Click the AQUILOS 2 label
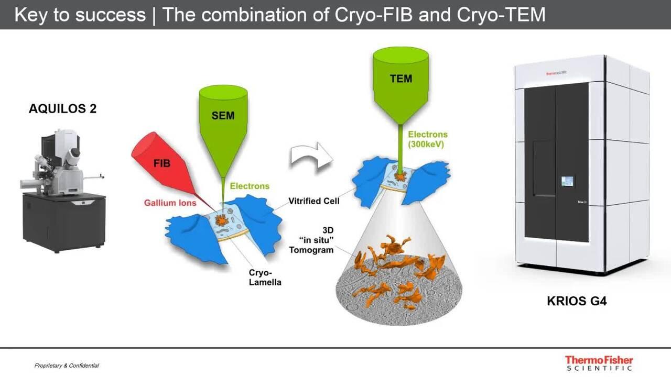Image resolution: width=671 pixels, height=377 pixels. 62,109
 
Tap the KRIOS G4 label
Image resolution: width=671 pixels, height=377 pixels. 577,301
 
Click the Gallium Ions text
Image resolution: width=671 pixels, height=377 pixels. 170,203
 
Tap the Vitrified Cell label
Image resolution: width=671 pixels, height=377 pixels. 314,201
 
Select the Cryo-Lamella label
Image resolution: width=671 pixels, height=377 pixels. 265,278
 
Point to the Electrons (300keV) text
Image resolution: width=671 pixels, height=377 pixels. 428,139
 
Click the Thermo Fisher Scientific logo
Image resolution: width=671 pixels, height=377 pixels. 599,363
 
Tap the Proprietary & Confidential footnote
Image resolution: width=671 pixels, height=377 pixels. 67,365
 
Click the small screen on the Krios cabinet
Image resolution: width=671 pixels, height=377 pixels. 567,181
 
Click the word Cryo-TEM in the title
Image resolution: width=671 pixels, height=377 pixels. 501,14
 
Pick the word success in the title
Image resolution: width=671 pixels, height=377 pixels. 110,14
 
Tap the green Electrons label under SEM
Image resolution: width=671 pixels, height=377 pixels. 250,186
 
